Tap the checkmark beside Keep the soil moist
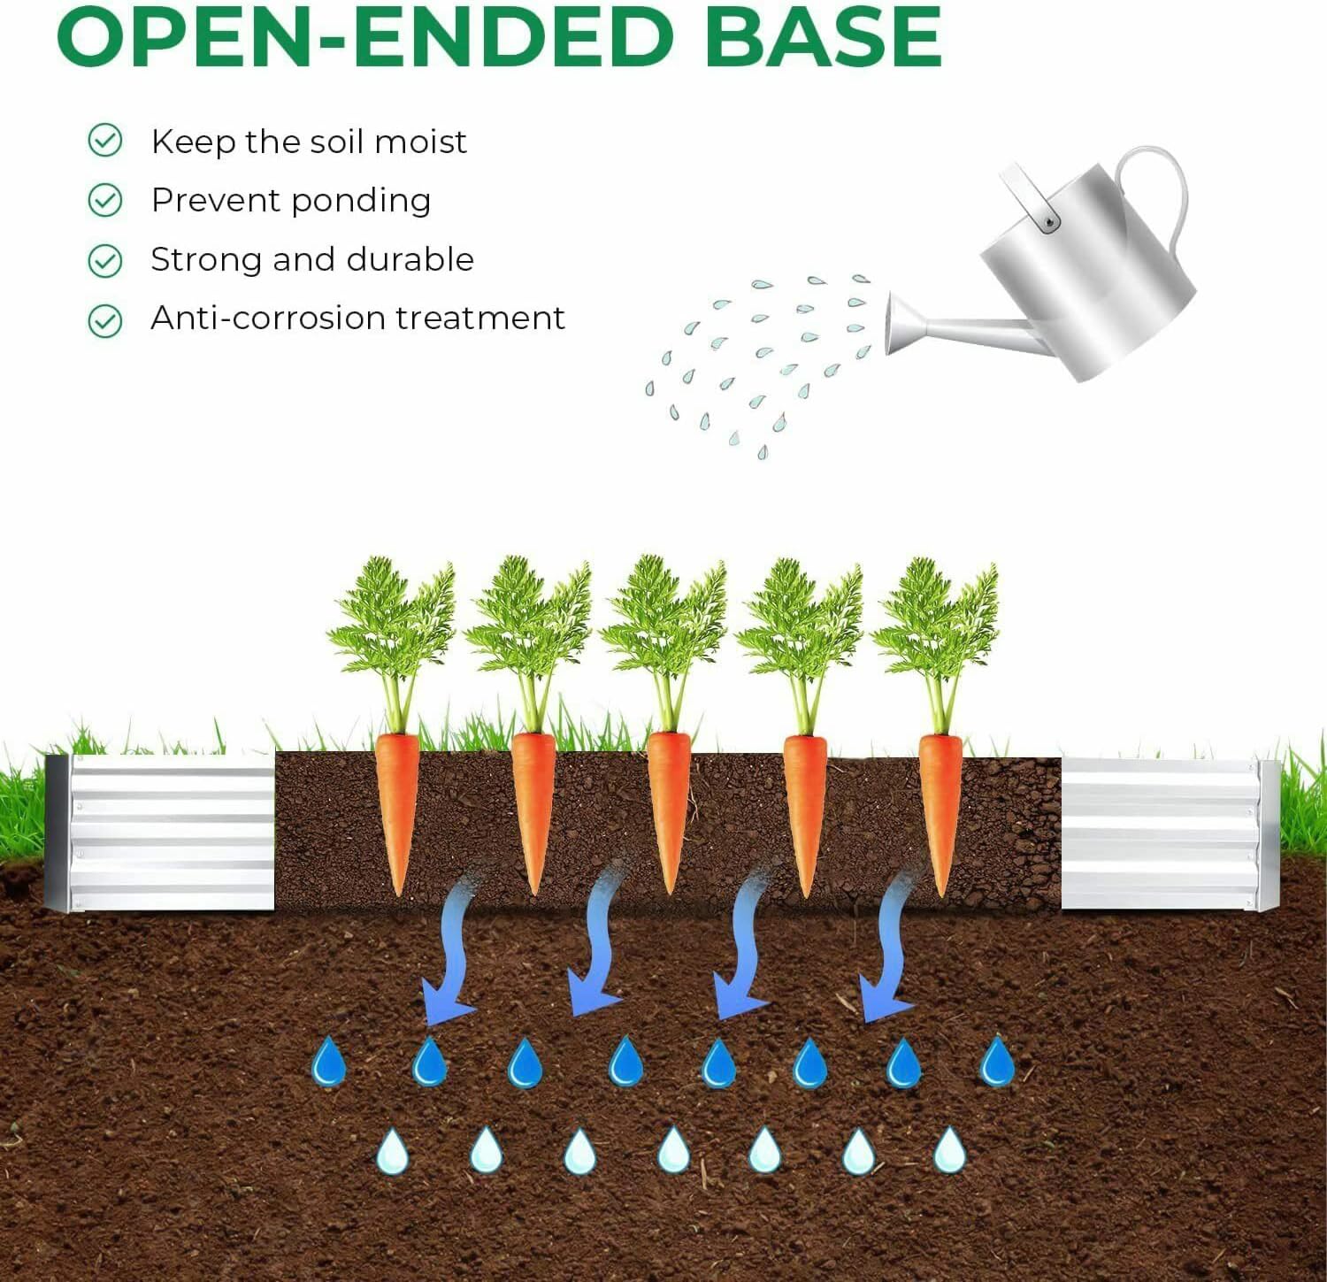(x=105, y=141)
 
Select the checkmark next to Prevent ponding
(x=105, y=201)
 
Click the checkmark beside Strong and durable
(x=105, y=261)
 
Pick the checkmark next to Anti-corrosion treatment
(x=105, y=320)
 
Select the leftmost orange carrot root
(x=397, y=805)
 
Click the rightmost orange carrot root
(x=940, y=805)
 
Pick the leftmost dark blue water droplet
(x=329, y=1062)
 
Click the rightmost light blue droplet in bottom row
(x=950, y=1151)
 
